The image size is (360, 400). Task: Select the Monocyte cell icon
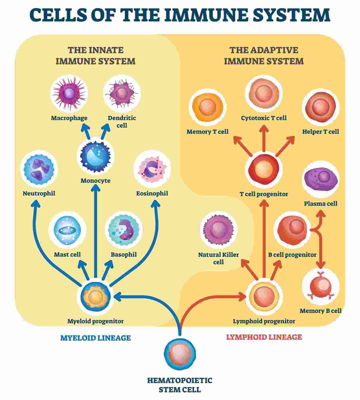click(95, 154)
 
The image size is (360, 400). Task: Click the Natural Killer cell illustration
click(218, 231)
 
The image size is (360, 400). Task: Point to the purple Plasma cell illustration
click(321, 179)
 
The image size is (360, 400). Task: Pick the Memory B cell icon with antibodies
click(321, 287)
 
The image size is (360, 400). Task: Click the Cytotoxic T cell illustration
click(264, 93)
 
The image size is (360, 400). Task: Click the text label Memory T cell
click(208, 131)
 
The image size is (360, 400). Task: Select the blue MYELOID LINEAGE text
click(95, 338)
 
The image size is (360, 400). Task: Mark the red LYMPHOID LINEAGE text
click(264, 337)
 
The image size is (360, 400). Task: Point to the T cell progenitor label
click(264, 194)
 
